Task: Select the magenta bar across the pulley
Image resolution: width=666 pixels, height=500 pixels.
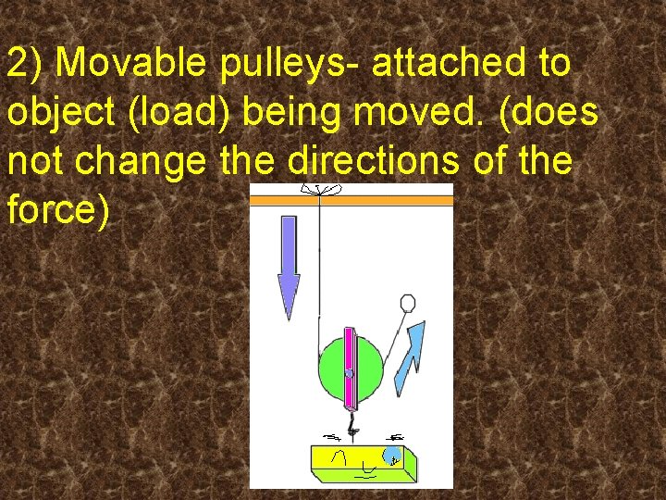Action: (x=350, y=368)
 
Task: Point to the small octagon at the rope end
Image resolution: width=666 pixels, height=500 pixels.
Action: (x=406, y=303)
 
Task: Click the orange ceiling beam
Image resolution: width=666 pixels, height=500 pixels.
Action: (x=351, y=199)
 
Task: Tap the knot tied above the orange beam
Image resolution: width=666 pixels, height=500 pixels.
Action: (x=317, y=189)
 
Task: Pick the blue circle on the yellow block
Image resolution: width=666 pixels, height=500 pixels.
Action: (x=392, y=455)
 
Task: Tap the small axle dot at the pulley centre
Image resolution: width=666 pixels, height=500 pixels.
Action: (x=349, y=373)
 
